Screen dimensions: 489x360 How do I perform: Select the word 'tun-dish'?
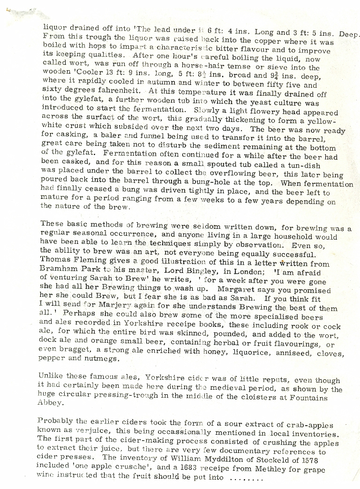[x=305, y=165]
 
